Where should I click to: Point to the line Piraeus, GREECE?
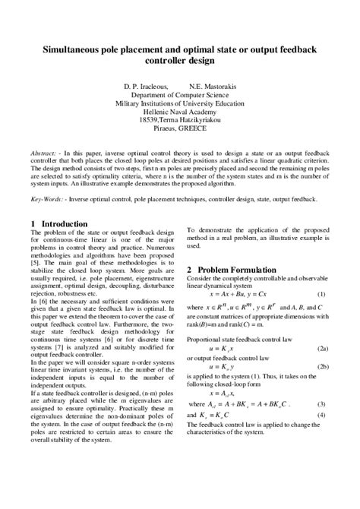pyautogui.click(x=179, y=128)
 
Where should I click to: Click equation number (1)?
pyautogui.click(x=321, y=293)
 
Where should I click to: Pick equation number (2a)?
pyautogui.click(x=322, y=348)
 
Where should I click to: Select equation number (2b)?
pyautogui.click(x=322, y=366)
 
